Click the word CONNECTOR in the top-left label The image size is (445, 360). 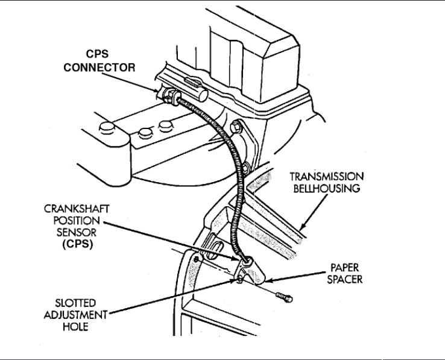(x=100, y=68)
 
